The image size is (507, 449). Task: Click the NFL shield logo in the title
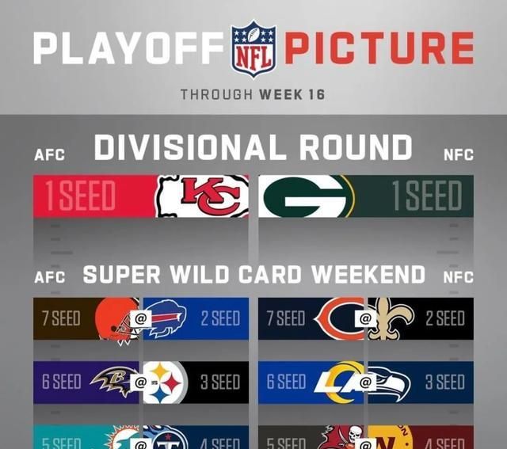pyautogui.click(x=253, y=48)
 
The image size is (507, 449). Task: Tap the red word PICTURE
pyautogui.click(x=379, y=49)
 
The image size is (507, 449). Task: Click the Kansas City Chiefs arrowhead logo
pyautogui.click(x=202, y=196)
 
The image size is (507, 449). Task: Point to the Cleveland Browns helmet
pyautogui.click(x=113, y=318)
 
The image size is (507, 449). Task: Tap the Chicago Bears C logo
pyautogui.click(x=333, y=318)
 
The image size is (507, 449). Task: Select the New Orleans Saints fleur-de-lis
pyautogui.click(x=393, y=318)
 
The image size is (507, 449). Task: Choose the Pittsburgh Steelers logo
pyautogui.click(x=166, y=382)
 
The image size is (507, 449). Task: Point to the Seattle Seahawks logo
pyautogui.click(x=394, y=382)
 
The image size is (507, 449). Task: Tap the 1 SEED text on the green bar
pyautogui.click(x=428, y=196)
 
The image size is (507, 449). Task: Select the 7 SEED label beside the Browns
pyautogui.click(x=61, y=319)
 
